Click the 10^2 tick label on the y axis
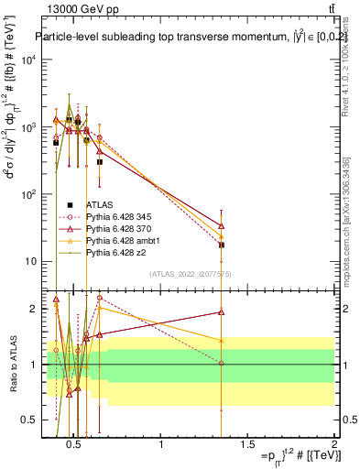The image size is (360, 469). [29, 194]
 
